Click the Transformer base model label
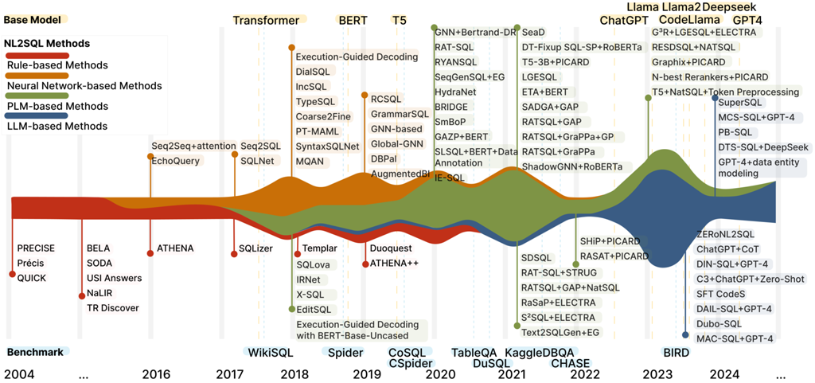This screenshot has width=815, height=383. (266, 20)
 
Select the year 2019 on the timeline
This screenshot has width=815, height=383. (366, 373)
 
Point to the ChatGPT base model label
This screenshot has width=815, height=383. (623, 20)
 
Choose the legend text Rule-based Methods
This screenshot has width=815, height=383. (57, 65)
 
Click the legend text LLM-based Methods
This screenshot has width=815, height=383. (57, 126)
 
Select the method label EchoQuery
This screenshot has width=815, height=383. (176, 160)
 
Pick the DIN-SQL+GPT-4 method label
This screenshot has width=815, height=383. (731, 264)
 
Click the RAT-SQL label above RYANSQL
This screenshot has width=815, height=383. (454, 47)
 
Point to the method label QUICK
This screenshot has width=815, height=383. (32, 278)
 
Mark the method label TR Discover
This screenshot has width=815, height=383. (113, 308)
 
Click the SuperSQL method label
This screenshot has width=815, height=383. (740, 102)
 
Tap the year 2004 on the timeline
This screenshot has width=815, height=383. (20, 373)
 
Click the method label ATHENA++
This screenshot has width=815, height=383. (395, 263)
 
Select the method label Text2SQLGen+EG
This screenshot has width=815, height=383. (561, 332)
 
